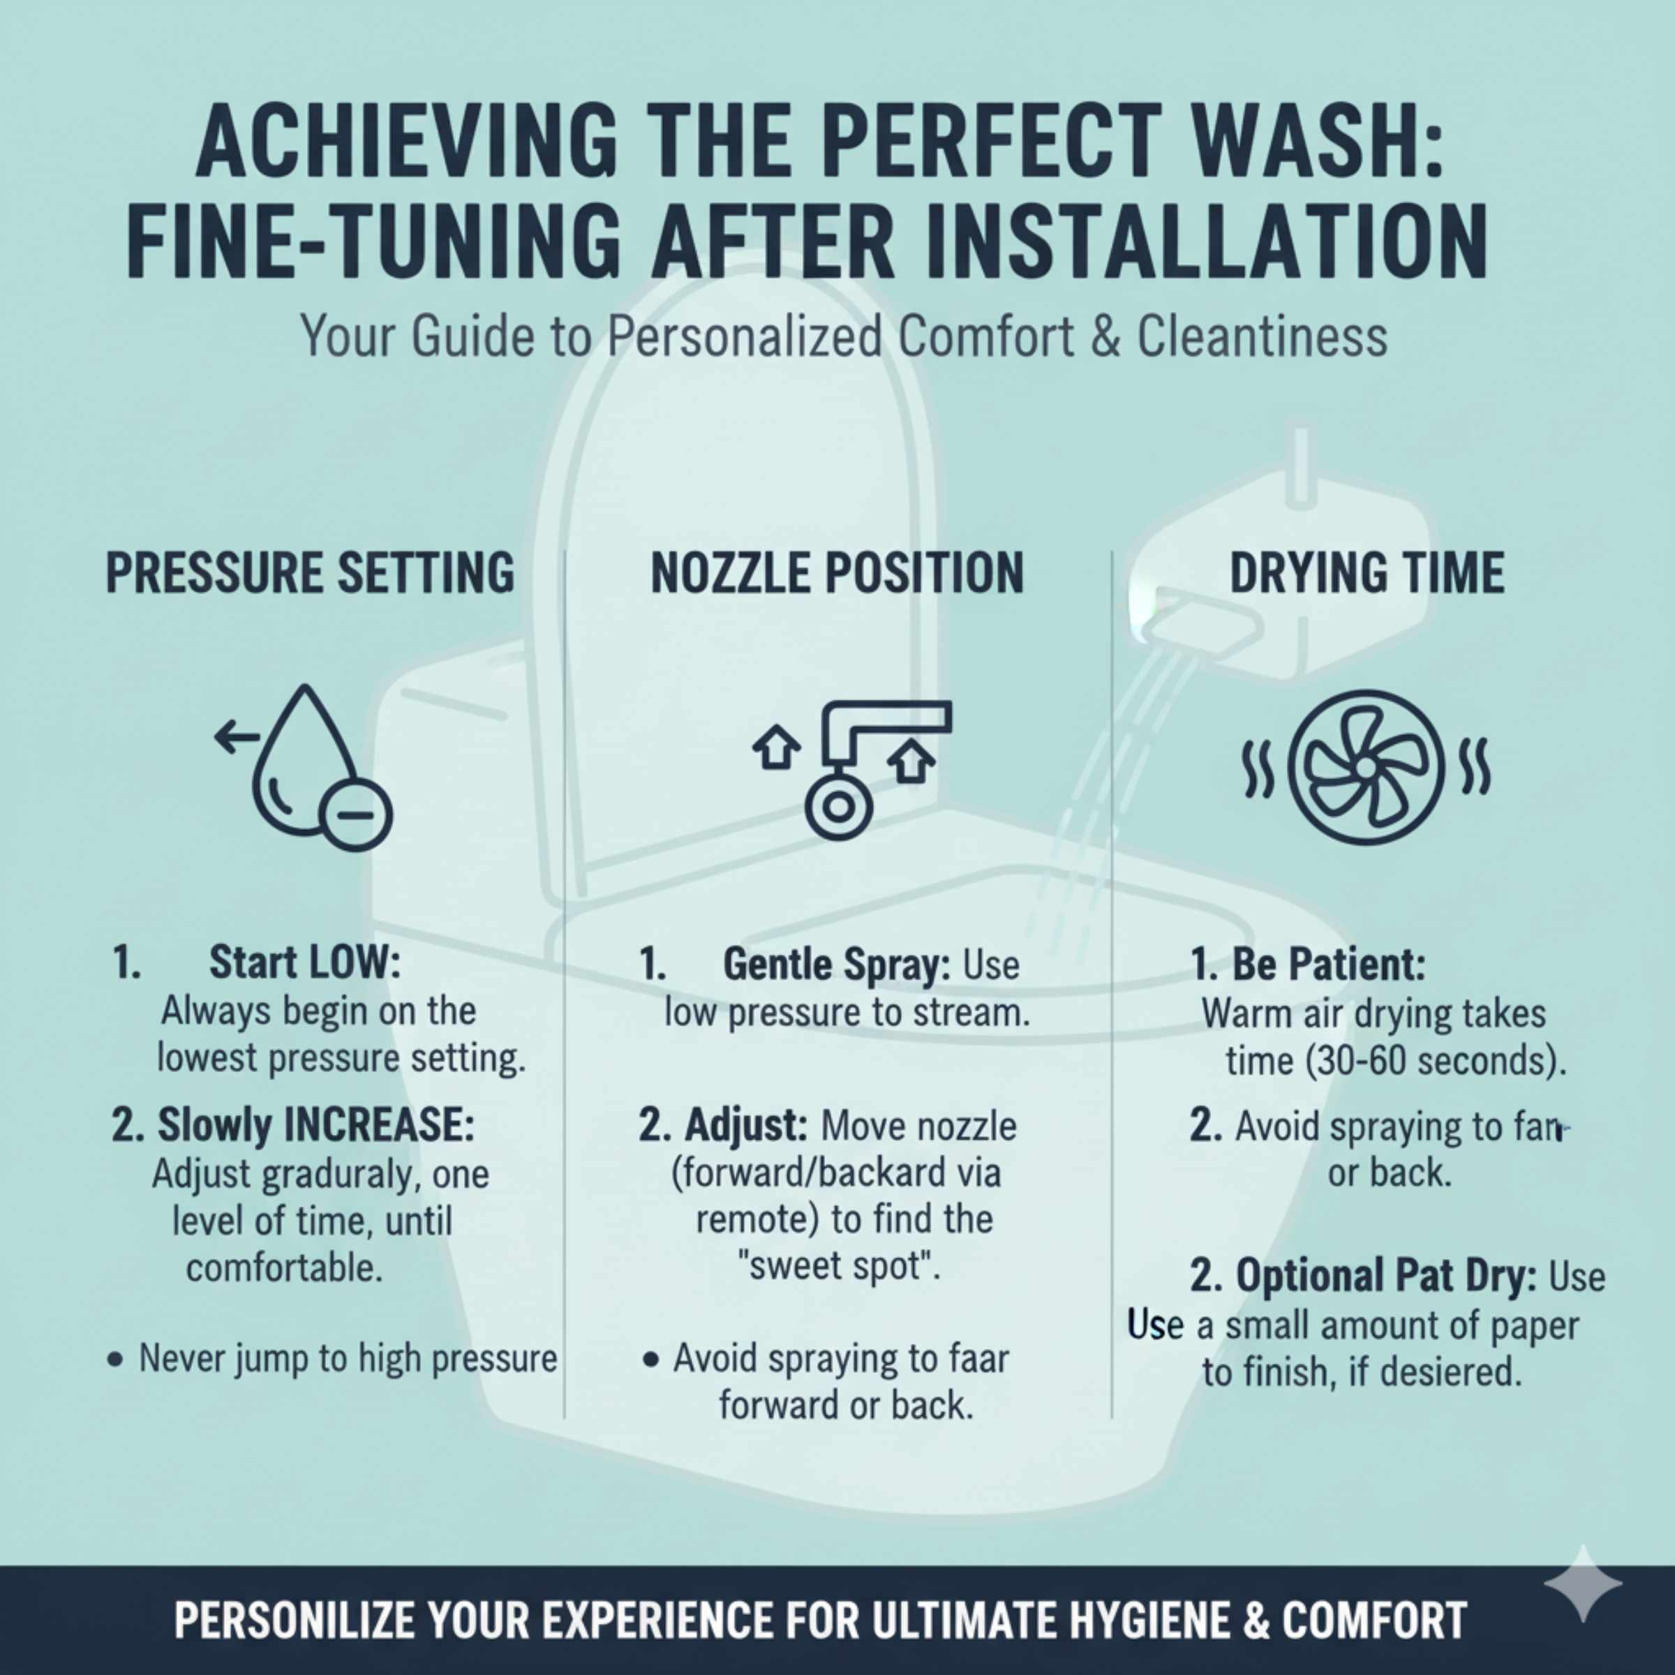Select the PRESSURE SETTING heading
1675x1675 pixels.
[309, 573]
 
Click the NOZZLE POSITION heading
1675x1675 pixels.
[837, 573]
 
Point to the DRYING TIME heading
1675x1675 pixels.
[1367, 573]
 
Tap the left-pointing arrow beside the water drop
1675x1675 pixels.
[237, 738]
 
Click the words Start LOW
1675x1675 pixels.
[304, 962]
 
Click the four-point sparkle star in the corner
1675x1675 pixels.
[1582, 1583]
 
